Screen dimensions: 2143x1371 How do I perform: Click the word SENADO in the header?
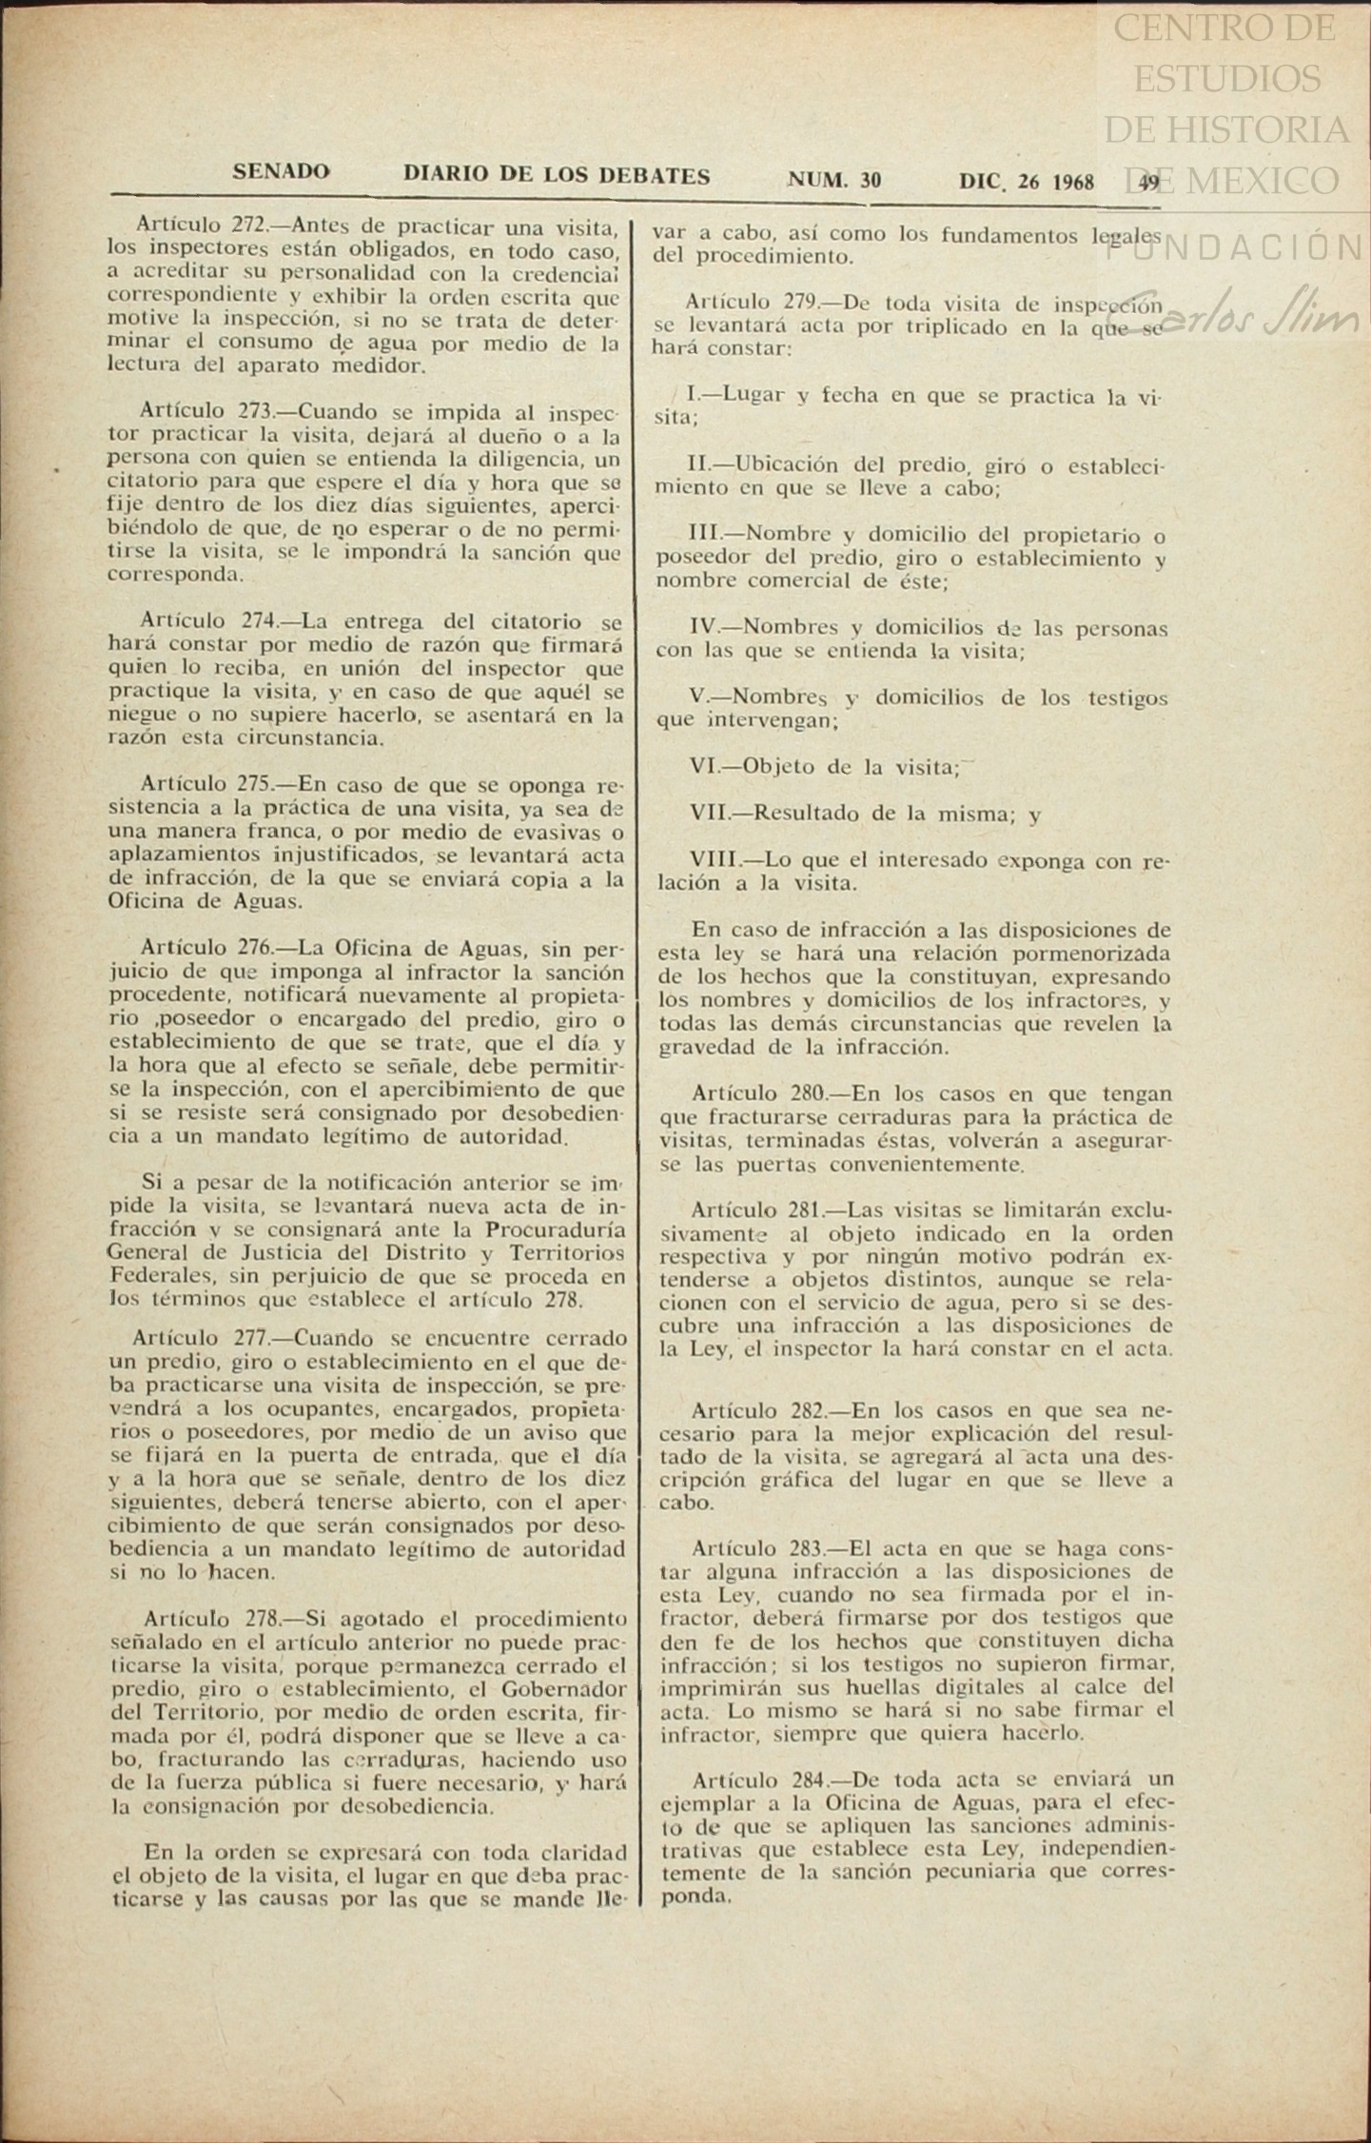pyautogui.click(x=281, y=172)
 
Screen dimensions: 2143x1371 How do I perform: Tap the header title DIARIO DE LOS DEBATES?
pyautogui.click(x=557, y=176)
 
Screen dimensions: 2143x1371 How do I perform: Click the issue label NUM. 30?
pyautogui.click(x=834, y=180)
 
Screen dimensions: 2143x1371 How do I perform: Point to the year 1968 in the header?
pyautogui.click(x=1071, y=182)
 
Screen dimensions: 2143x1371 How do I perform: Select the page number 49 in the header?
pyautogui.click(x=1148, y=183)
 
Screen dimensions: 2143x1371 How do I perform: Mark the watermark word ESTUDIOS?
pyautogui.click(x=1227, y=78)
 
